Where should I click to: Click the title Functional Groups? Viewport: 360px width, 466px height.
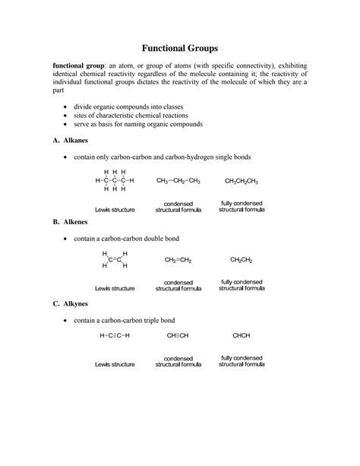(180, 47)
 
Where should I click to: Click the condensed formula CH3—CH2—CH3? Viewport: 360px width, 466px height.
(178, 181)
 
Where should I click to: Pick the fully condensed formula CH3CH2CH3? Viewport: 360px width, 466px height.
(242, 181)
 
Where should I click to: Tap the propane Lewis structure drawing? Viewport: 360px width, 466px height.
(114, 181)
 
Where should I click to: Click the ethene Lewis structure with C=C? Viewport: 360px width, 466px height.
(115, 259)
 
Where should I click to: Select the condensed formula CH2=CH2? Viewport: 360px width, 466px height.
(178, 260)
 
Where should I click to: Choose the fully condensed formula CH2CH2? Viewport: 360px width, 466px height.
(242, 260)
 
